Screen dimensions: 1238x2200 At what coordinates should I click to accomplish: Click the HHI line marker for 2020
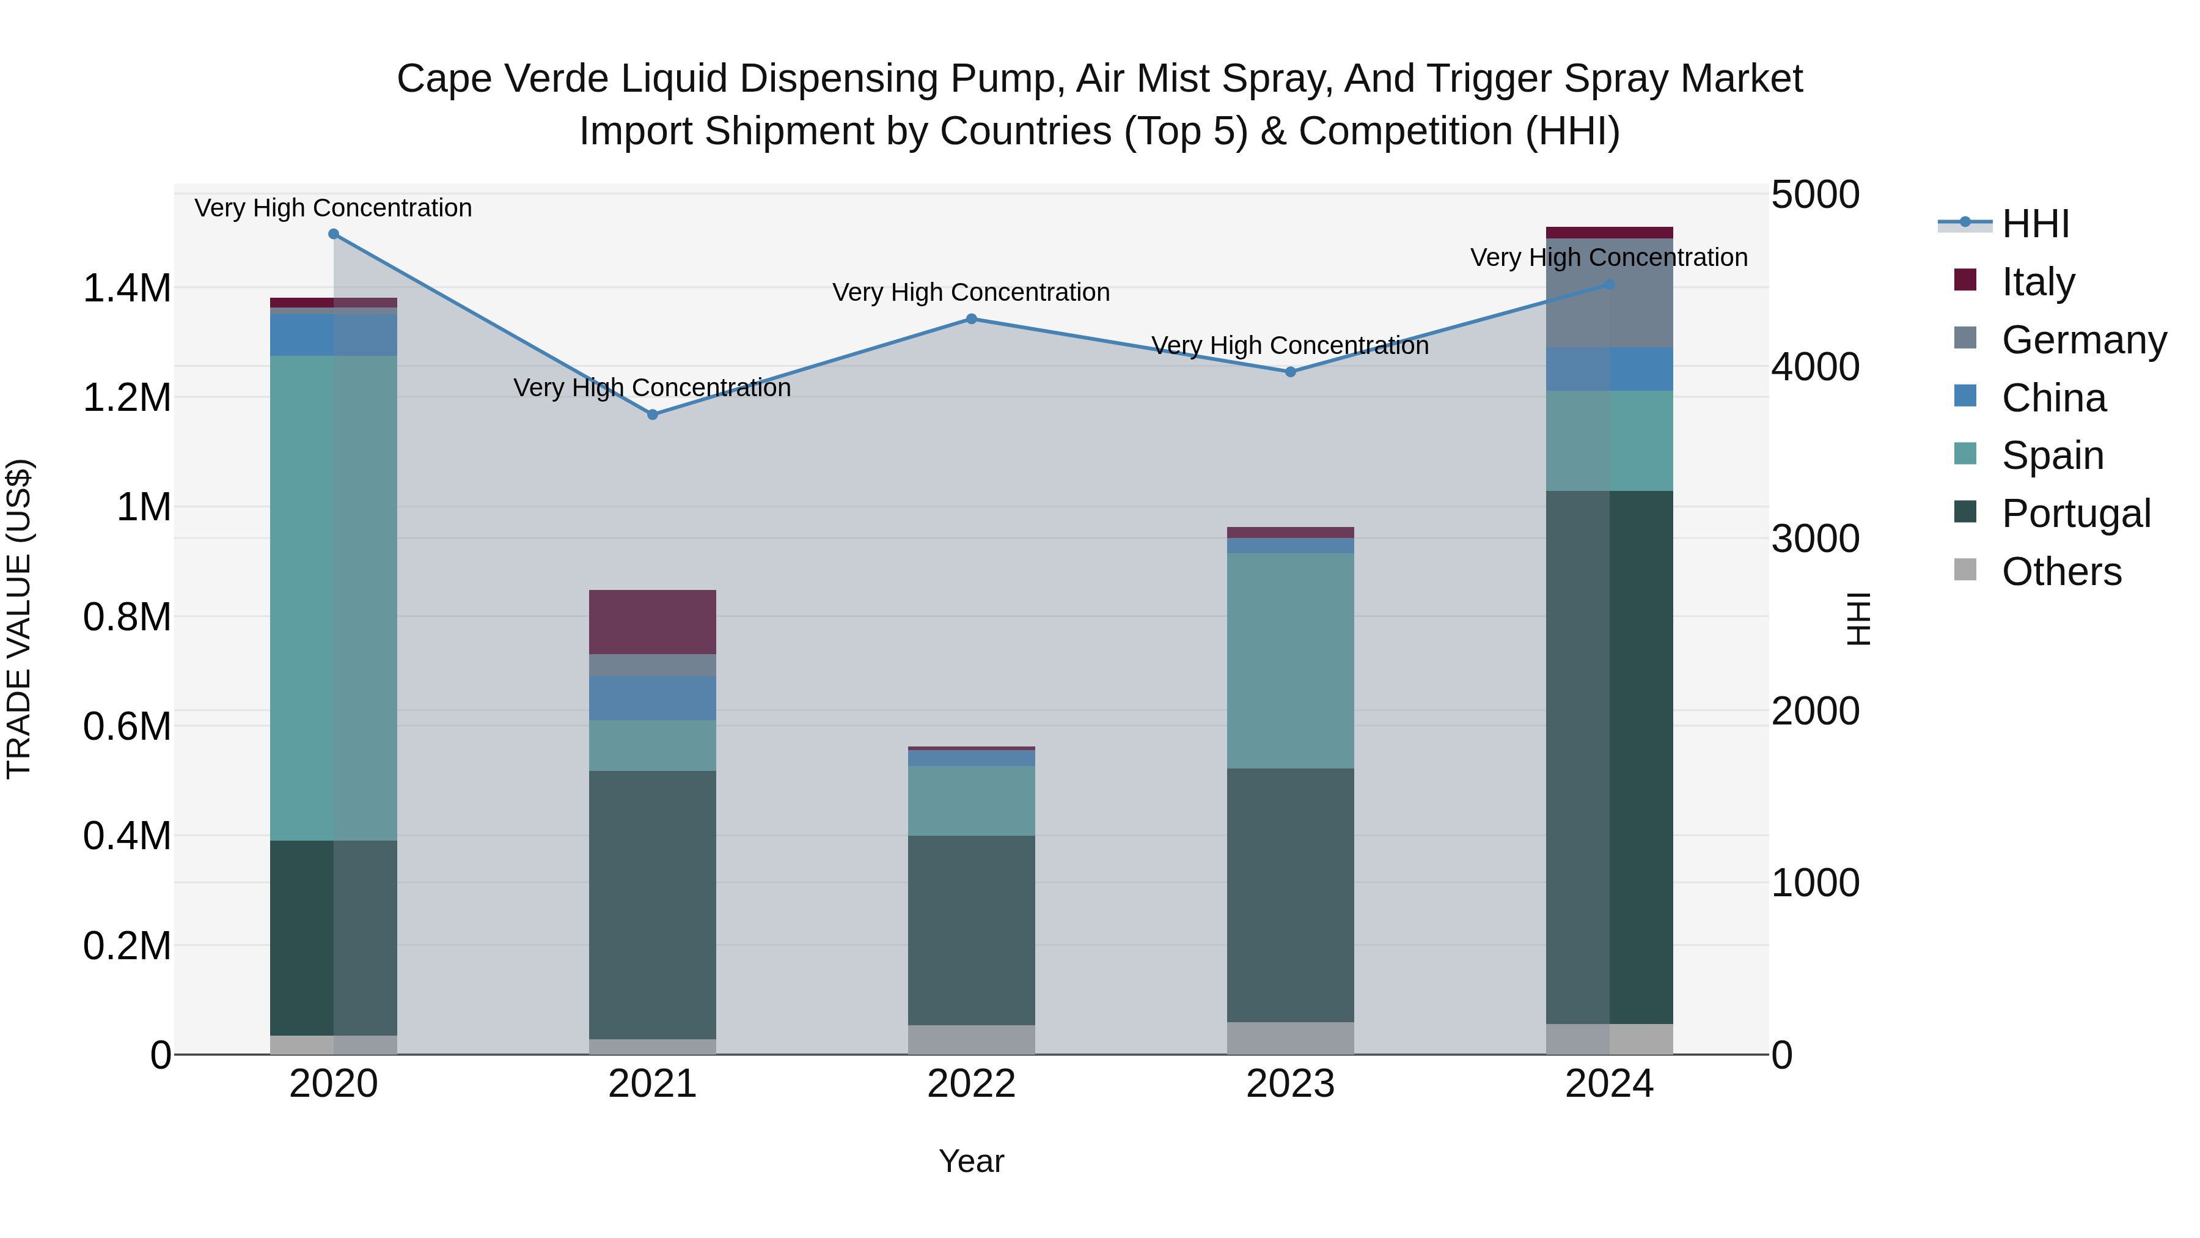click(x=334, y=234)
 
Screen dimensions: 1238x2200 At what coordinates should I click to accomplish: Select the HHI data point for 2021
click(x=653, y=415)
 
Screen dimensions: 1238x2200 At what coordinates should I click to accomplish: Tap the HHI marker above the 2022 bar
click(x=971, y=319)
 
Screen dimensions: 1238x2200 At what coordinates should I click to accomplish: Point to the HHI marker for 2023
click(x=1291, y=372)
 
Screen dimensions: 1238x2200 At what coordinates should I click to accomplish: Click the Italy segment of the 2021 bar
click(x=653, y=622)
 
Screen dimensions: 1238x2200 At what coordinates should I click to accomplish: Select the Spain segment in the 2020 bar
click(x=334, y=598)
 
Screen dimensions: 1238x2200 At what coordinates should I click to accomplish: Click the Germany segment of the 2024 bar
click(x=1609, y=293)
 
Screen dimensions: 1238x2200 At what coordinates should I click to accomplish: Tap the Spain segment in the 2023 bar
click(x=1291, y=660)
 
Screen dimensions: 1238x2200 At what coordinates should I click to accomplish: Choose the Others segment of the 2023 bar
click(x=1291, y=1038)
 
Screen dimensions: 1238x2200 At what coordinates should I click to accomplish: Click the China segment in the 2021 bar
click(x=653, y=698)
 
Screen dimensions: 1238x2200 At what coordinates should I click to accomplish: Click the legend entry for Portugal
click(x=2075, y=514)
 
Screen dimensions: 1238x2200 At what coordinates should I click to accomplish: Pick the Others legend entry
click(x=2061, y=572)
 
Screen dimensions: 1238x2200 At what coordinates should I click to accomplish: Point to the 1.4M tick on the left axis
click(x=127, y=289)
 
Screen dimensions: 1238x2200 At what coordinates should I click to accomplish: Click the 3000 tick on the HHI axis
click(x=1815, y=539)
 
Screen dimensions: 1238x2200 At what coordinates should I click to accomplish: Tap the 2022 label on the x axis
click(x=971, y=1084)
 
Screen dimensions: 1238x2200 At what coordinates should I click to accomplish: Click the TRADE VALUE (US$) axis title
click(x=19, y=619)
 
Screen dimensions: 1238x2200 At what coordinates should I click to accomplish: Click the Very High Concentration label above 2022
click(x=971, y=292)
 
